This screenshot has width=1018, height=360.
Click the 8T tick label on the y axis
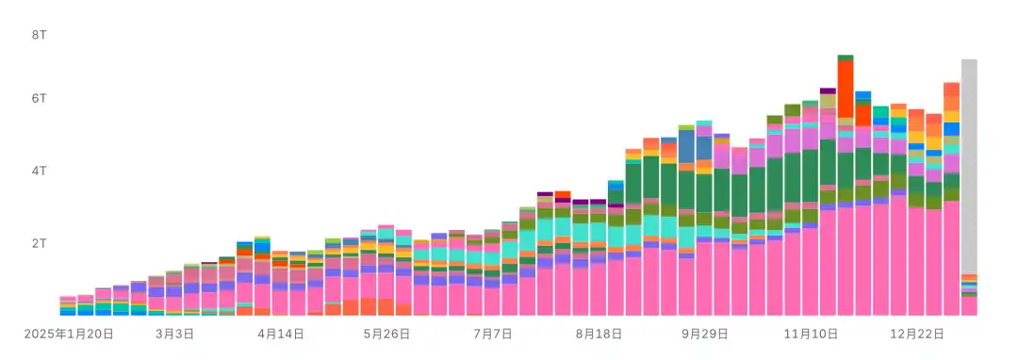pyautogui.click(x=39, y=35)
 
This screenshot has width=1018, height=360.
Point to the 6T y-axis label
pyautogui.click(x=39, y=99)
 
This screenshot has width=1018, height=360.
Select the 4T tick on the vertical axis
pyautogui.click(x=39, y=172)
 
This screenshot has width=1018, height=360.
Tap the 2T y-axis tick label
pyautogui.click(x=39, y=244)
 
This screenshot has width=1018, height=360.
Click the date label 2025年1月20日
pyautogui.click(x=69, y=334)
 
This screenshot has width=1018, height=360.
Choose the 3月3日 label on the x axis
pyautogui.click(x=174, y=334)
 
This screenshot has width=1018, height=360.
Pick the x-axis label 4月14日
pyautogui.click(x=281, y=334)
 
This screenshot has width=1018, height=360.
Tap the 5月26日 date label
pyautogui.click(x=386, y=334)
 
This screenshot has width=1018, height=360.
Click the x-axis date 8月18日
pyautogui.click(x=599, y=334)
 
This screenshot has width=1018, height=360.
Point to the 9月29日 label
pyautogui.click(x=704, y=334)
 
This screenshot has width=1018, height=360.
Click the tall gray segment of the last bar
pyautogui.click(x=969, y=167)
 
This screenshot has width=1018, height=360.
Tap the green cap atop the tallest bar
pyautogui.click(x=846, y=57)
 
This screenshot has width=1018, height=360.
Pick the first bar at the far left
pyautogui.click(x=68, y=306)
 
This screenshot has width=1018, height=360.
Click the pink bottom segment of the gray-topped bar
pyautogui.click(x=969, y=306)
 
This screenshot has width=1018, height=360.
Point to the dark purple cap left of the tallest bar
pyautogui.click(x=828, y=90)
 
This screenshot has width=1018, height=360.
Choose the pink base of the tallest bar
pyautogui.click(x=846, y=261)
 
